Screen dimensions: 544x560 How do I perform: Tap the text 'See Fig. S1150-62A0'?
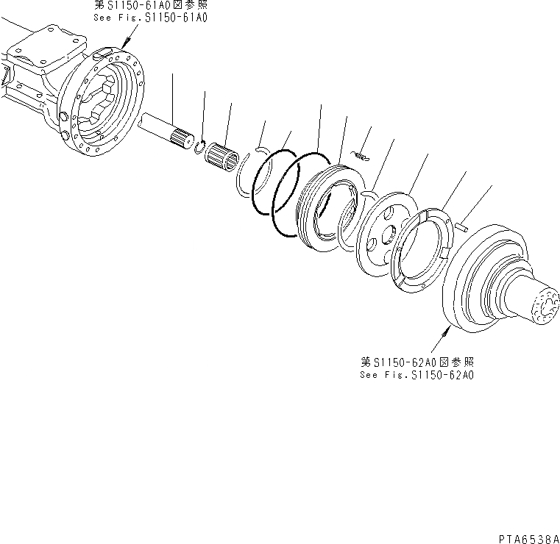(417, 374)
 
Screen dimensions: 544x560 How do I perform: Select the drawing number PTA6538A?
(527, 537)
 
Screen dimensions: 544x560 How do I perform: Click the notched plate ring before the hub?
(424, 250)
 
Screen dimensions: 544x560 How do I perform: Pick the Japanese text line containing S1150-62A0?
(417, 362)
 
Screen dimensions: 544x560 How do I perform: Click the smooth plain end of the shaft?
(147, 120)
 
